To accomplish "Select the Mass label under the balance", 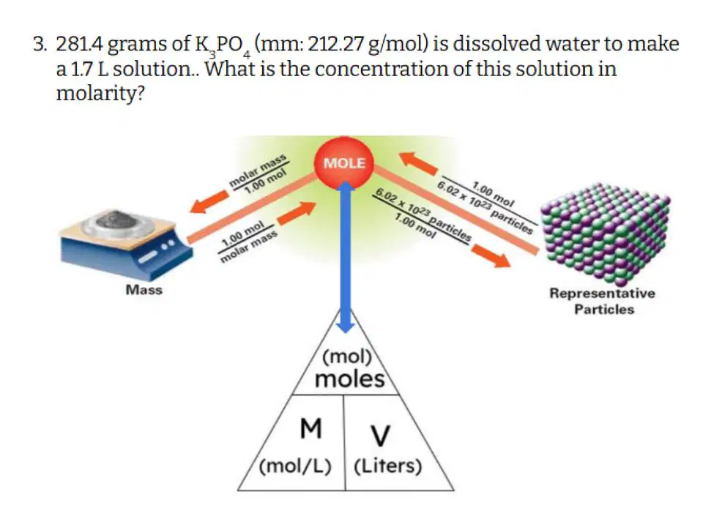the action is point(144,290).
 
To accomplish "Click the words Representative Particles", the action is point(603,301).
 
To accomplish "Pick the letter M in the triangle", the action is point(310,428).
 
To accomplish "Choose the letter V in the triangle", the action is point(380,436).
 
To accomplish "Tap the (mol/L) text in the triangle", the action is point(295,466).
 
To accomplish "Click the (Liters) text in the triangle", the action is point(388,466).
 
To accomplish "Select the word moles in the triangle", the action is point(350,379).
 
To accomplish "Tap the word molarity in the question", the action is point(100,94).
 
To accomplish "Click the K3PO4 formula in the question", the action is point(223,45).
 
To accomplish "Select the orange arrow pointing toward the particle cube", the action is point(491,256).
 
